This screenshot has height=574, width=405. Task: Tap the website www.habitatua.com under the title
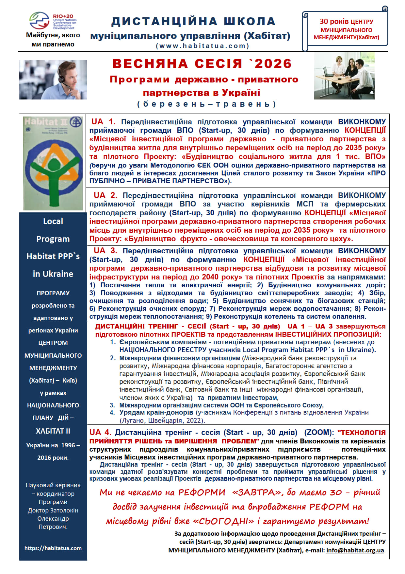point(202,46)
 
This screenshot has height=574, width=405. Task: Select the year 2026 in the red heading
point(273,63)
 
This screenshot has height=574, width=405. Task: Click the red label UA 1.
point(103,122)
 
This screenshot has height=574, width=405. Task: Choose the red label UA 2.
point(105,195)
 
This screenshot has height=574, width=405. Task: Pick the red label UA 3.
point(105,251)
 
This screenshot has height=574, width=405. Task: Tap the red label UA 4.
point(100,432)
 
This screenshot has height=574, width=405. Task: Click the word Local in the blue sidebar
point(53,221)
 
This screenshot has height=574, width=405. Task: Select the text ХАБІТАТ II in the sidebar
point(53,431)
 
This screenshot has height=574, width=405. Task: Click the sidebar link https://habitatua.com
point(53,548)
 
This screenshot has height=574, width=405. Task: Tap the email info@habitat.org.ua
point(355,550)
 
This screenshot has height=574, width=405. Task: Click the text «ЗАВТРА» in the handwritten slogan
point(257,492)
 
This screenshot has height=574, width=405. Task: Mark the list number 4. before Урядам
point(112,412)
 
